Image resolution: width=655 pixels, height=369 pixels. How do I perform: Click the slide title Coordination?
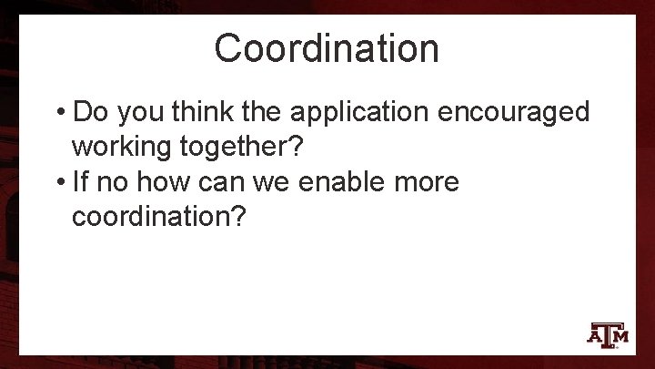327,47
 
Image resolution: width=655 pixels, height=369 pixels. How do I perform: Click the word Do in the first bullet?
89,112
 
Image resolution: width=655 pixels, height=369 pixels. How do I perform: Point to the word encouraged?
514,114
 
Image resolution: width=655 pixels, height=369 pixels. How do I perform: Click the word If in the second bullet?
79,181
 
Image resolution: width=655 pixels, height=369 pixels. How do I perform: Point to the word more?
427,181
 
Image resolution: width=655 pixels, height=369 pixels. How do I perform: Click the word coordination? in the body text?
159,218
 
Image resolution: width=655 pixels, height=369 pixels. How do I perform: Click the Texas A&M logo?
608,334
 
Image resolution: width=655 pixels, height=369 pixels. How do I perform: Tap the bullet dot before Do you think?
59,113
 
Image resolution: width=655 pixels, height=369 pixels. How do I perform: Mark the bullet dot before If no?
59,182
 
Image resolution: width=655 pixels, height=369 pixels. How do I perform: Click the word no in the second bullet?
113,181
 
